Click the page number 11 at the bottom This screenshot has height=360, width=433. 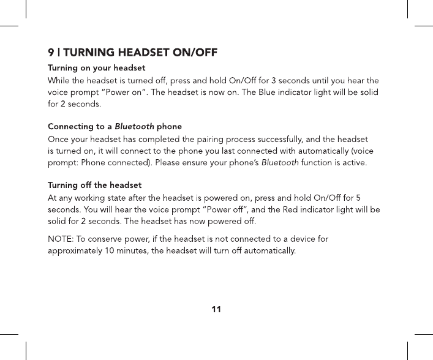(216, 309)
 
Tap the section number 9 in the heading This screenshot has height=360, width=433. (51, 51)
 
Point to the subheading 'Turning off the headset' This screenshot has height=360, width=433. (94, 185)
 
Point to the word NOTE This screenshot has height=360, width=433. (60, 238)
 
